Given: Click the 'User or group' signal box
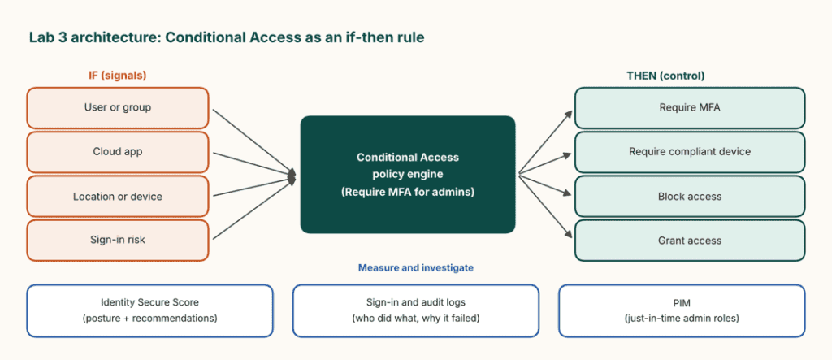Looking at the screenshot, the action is tap(117, 108).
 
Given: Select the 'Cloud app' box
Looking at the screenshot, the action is tap(117, 152).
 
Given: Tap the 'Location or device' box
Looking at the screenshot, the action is tap(117, 197).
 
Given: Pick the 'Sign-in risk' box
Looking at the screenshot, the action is tap(117, 240).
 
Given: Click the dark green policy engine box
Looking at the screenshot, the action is tap(408, 175).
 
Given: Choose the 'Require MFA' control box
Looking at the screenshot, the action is tap(690, 108).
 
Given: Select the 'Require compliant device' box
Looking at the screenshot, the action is tap(690, 152).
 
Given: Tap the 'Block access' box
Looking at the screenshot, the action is tap(690, 197).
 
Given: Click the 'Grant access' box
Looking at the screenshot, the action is tap(690, 241).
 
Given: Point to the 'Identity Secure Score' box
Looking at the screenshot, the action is tap(149, 310).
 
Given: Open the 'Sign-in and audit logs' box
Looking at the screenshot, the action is tap(416, 310).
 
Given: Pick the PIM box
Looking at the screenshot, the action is tap(682, 310).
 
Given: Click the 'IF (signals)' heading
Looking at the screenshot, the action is tap(117, 76).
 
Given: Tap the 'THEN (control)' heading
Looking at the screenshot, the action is tap(665, 76).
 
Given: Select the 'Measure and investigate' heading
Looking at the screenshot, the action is tap(416, 268).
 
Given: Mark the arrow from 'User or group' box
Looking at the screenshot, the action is tap(254, 141).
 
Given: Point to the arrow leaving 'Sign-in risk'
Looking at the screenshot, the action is tap(254, 206).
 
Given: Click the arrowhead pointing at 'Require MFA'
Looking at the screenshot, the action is tap(569, 114).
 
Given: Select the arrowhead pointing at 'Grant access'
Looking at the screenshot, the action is tap(569, 234).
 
